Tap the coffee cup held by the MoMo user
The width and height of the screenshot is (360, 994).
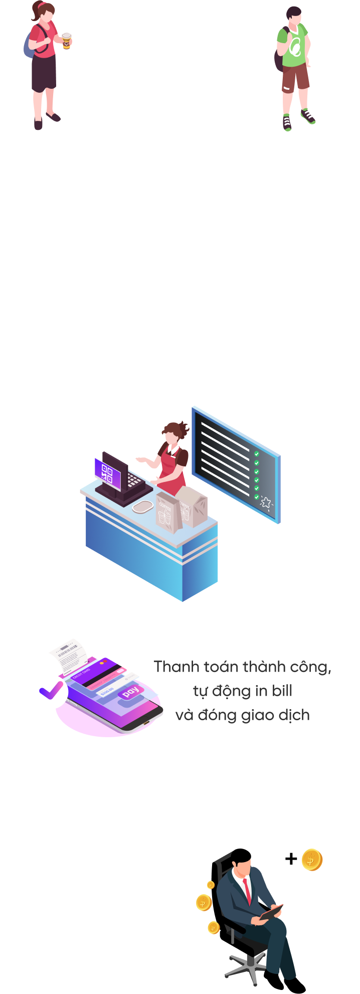(66, 41)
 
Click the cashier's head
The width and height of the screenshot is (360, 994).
(172, 433)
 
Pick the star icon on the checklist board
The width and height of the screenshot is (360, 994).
(265, 502)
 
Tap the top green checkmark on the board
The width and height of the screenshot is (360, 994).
(257, 454)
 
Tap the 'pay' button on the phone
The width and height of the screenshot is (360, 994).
(131, 692)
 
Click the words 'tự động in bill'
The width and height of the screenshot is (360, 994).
(242, 691)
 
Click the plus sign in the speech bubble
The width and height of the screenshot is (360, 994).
(291, 859)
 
